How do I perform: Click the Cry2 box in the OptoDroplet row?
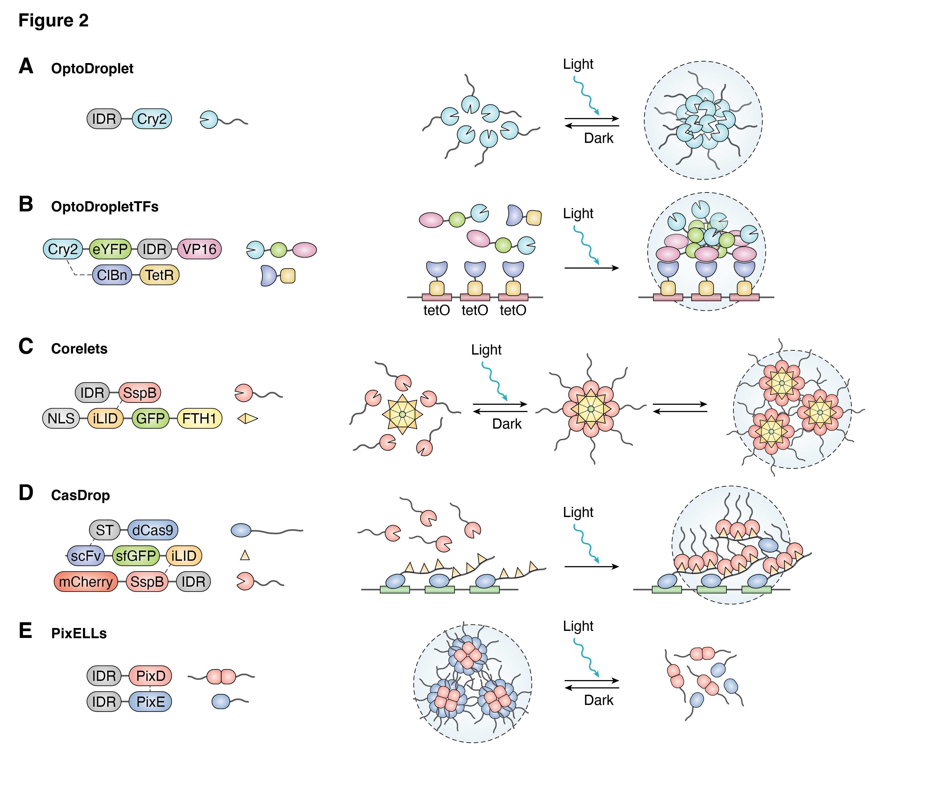point(152,119)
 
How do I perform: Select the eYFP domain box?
point(110,249)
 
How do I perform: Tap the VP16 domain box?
point(199,249)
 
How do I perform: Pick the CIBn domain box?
point(112,275)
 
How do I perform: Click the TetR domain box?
point(159,275)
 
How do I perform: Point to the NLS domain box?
point(61,418)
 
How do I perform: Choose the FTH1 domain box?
point(199,418)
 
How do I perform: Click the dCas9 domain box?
point(153,530)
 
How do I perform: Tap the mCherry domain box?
point(86,582)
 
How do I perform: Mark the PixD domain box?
point(150,676)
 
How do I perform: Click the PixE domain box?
point(150,702)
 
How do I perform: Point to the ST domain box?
point(105,530)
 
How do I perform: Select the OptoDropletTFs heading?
point(105,207)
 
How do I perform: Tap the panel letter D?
point(26,493)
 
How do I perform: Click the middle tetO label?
point(475,310)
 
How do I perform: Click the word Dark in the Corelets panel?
point(507,424)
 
